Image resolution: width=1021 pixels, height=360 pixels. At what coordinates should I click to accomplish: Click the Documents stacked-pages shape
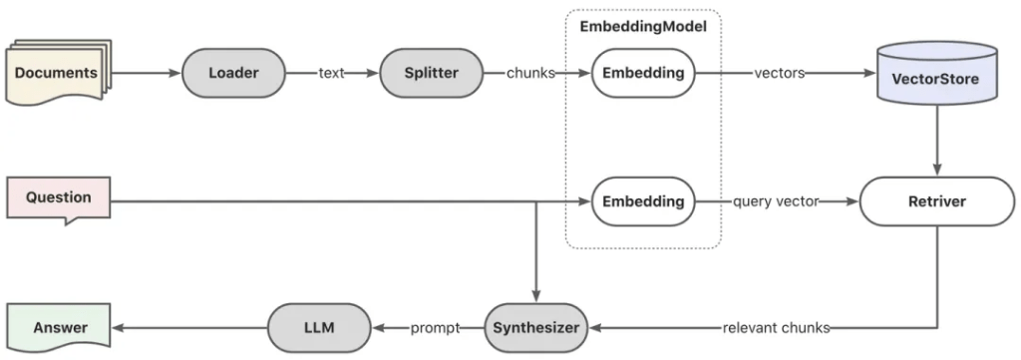58,73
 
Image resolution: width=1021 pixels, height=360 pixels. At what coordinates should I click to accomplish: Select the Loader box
233,73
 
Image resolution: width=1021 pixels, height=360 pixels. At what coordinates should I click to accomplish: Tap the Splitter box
431,73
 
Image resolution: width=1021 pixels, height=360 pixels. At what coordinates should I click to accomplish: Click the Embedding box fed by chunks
643,73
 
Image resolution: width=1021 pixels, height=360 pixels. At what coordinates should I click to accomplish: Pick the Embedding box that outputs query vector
643,201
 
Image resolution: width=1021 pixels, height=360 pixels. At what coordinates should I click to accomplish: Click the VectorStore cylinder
937,73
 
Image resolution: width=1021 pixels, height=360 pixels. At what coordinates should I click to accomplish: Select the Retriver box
937,201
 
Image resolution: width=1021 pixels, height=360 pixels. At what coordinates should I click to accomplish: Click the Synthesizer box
535,328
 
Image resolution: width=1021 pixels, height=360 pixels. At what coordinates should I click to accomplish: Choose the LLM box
319,328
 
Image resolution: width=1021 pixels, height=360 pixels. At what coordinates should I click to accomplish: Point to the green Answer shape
58,327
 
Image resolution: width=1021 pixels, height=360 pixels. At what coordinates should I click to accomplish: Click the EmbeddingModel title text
643,27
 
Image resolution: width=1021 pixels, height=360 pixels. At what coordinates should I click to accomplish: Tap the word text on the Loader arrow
331,74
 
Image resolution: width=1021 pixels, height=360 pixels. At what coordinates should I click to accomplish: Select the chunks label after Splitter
530,74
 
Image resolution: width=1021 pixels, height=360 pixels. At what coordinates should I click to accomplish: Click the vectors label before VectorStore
780,74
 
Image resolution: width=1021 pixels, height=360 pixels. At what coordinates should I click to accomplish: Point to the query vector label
776,201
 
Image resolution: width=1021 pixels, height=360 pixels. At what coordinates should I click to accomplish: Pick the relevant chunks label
776,328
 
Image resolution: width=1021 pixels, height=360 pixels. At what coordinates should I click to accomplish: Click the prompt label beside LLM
435,328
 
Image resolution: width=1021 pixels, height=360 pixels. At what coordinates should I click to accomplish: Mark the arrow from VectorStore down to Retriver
937,140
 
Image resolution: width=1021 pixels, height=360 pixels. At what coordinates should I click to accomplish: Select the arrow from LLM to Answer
189,328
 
